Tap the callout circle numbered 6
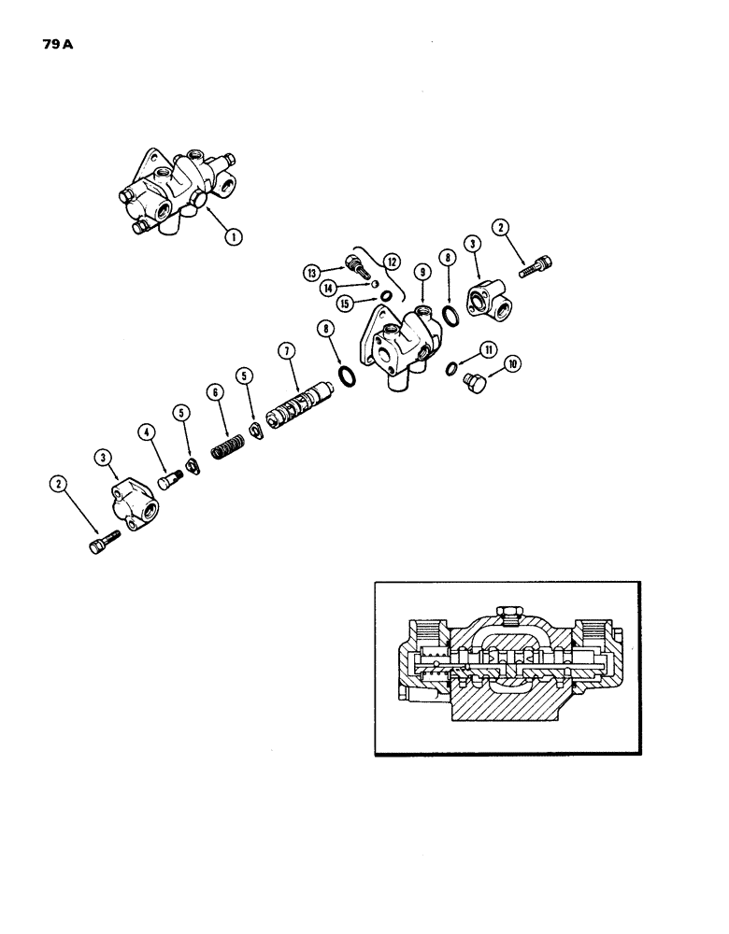pyautogui.click(x=216, y=393)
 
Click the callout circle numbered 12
pyautogui.click(x=390, y=262)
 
